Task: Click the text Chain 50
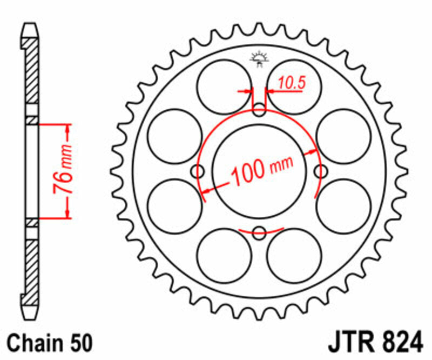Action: coord(50,343)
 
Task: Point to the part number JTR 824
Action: coord(373,343)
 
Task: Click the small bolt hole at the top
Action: coord(260,112)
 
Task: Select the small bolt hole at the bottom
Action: coord(260,233)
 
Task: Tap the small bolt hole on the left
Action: coord(199,172)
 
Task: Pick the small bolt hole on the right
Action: coord(321,172)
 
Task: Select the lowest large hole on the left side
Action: coord(225,255)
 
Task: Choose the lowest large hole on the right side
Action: coord(294,255)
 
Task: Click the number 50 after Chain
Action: coord(80,343)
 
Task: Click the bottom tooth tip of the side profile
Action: coord(32,317)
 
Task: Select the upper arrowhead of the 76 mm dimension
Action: coord(67,128)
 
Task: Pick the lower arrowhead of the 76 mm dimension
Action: coord(67,215)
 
